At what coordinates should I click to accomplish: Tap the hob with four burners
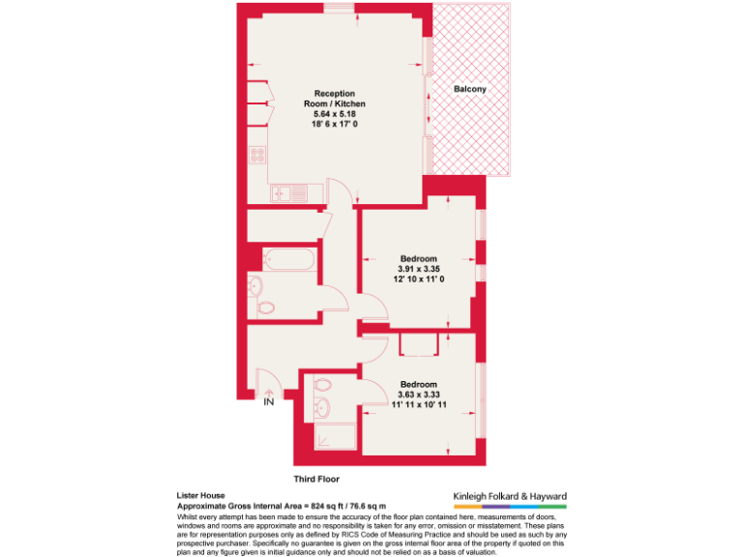point(258,155)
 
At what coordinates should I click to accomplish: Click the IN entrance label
point(268,402)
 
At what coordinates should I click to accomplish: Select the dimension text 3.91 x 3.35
point(419,269)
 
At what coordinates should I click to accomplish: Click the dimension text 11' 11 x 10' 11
point(419,405)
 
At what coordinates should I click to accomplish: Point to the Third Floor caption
point(316,479)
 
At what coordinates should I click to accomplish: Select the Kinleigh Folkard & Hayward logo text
point(510,496)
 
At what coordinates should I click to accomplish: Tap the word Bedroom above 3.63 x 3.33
point(419,384)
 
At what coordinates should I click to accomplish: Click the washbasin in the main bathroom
point(254,284)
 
